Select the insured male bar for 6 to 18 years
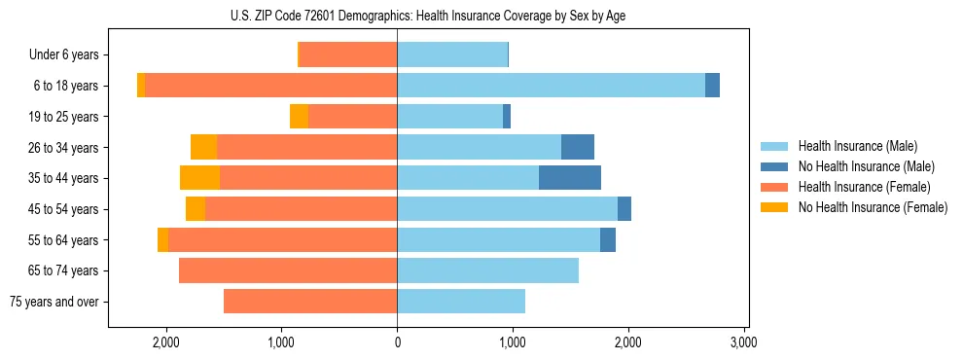(x=551, y=86)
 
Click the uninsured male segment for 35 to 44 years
(x=570, y=178)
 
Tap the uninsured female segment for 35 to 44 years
(x=199, y=178)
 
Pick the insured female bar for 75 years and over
(x=310, y=302)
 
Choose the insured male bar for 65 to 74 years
(x=487, y=270)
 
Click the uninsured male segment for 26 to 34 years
(x=578, y=147)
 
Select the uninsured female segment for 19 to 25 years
(x=299, y=117)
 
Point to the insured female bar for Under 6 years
(x=348, y=54)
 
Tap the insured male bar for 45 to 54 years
(x=507, y=209)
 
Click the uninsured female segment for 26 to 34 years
(x=203, y=147)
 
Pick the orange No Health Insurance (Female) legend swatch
(x=774, y=207)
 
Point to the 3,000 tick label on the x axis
(x=743, y=343)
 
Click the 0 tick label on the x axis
(x=397, y=343)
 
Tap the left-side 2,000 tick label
(x=166, y=343)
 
